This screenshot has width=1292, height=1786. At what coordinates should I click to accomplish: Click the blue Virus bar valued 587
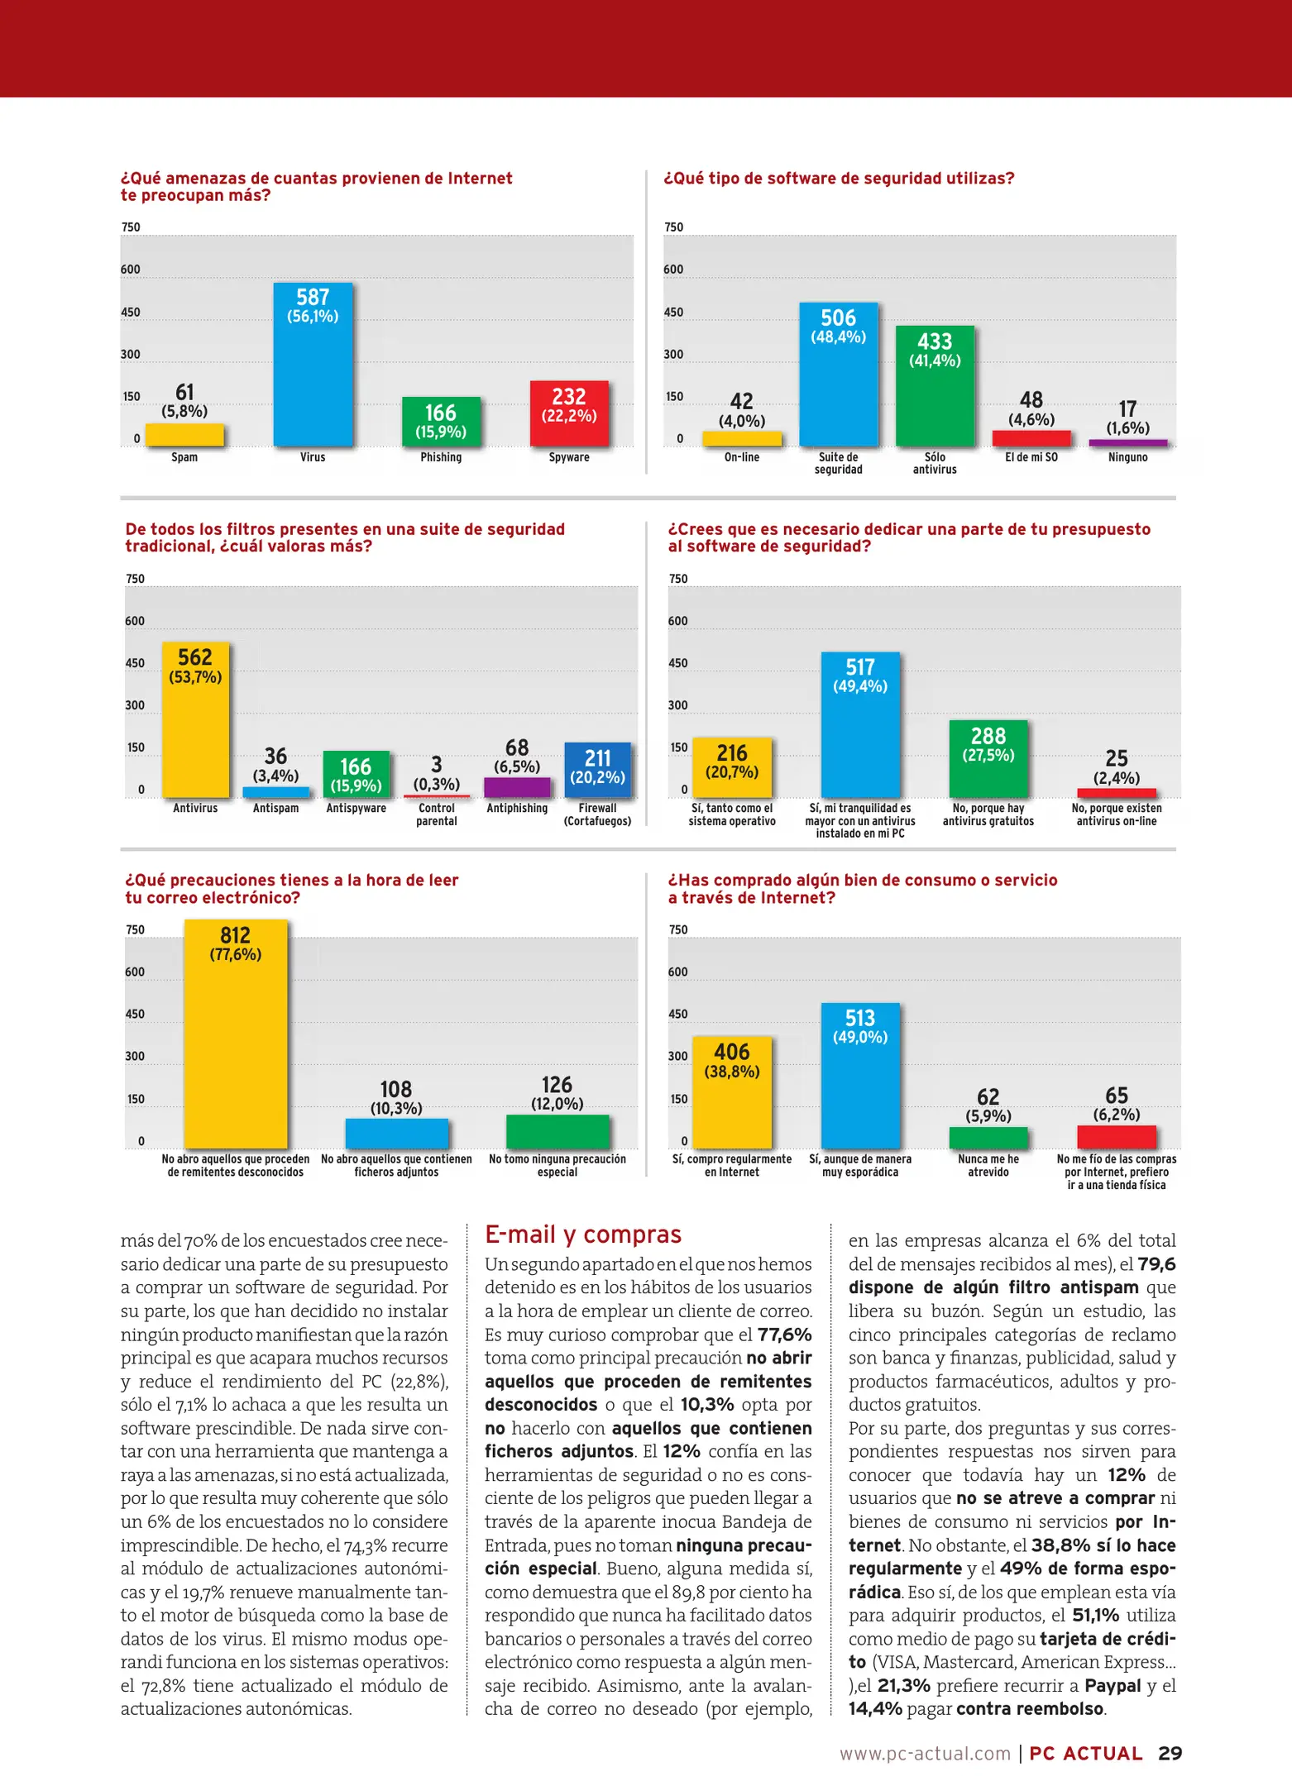313,380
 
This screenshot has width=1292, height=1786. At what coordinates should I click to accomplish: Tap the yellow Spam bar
184,435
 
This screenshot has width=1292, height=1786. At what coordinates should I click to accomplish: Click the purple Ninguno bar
1127,442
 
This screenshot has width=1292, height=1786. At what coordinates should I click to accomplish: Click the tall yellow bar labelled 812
236,1050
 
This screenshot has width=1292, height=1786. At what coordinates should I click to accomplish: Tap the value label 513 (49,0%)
860,1026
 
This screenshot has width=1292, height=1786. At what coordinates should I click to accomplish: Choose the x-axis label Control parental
437,814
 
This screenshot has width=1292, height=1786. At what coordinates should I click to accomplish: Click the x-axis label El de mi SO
1031,457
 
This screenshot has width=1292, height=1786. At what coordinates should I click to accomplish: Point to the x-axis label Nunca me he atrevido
988,1165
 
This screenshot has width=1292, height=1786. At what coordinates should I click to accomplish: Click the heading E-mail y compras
583,1234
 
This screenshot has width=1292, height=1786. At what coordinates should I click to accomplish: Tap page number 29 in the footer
1170,1753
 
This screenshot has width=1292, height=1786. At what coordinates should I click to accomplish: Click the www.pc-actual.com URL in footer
925,1754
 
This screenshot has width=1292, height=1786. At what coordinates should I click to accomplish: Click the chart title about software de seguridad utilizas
839,179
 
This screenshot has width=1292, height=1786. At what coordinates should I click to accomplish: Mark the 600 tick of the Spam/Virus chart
131,270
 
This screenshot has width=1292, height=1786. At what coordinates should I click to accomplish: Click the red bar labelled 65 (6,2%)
1117,1137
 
